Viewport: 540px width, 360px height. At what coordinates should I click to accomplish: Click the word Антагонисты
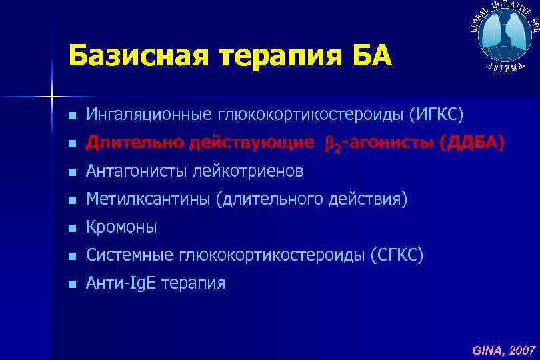tap(137, 171)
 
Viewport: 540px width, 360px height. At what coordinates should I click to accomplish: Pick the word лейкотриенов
tap(248, 171)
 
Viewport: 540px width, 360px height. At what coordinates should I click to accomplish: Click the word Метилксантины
tap(149, 199)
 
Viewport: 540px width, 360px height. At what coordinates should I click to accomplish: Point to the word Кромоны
tap(122, 227)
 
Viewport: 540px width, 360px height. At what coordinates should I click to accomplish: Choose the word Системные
tap(131, 255)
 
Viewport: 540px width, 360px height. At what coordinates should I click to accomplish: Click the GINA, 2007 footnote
tap(504, 349)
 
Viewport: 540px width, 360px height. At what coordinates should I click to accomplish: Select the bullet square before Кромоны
tap(71, 228)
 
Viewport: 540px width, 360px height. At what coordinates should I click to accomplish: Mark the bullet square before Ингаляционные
tap(71, 117)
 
